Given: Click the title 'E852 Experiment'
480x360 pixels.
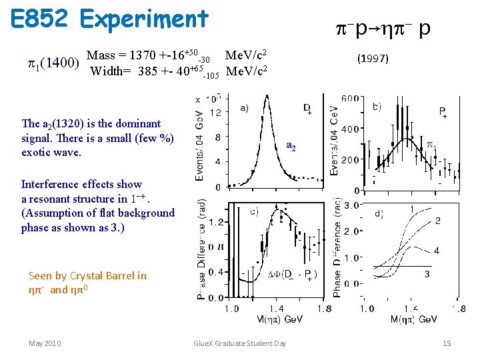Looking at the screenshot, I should (x=110, y=19).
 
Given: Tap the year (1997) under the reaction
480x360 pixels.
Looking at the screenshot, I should (x=373, y=59).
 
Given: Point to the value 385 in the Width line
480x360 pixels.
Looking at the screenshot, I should (x=147, y=71).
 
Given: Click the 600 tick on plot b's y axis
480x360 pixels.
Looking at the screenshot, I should (x=350, y=99).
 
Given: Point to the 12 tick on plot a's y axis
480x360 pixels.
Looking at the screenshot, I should (x=216, y=114).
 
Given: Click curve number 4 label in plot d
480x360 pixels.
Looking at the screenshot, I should (x=436, y=251).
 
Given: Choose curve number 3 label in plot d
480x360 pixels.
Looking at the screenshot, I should (x=427, y=273).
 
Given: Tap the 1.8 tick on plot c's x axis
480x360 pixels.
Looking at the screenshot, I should (x=325, y=309).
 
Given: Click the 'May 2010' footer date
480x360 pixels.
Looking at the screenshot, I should (x=45, y=343).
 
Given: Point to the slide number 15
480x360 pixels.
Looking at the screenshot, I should (x=447, y=343).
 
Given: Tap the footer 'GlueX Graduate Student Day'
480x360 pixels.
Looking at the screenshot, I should (x=239, y=343).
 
